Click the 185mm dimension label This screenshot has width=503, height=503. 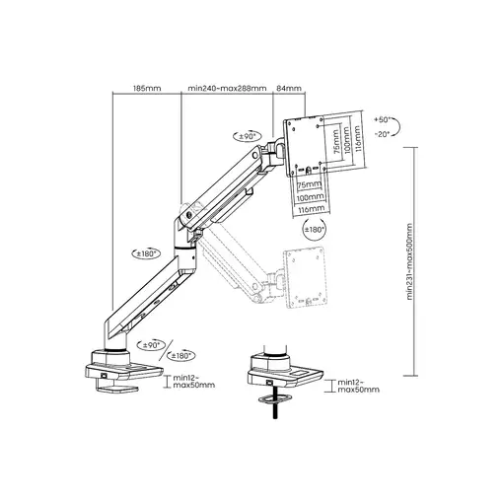click(x=147, y=88)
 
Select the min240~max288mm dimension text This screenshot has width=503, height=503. click(x=227, y=88)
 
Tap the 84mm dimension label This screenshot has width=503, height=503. click(x=289, y=88)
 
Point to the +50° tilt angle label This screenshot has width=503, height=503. click(x=382, y=119)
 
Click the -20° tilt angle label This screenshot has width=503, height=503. click(x=382, y=134)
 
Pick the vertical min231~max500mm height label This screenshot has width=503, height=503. click(x=409, y=261)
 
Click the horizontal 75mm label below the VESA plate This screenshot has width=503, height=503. click(x=309, y=184)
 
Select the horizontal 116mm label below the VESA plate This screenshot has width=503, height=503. click(x=311, y=208)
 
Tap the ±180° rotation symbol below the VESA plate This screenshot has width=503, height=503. click(x=315, y=230)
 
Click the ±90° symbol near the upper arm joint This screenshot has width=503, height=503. click(x=248, y=136)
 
